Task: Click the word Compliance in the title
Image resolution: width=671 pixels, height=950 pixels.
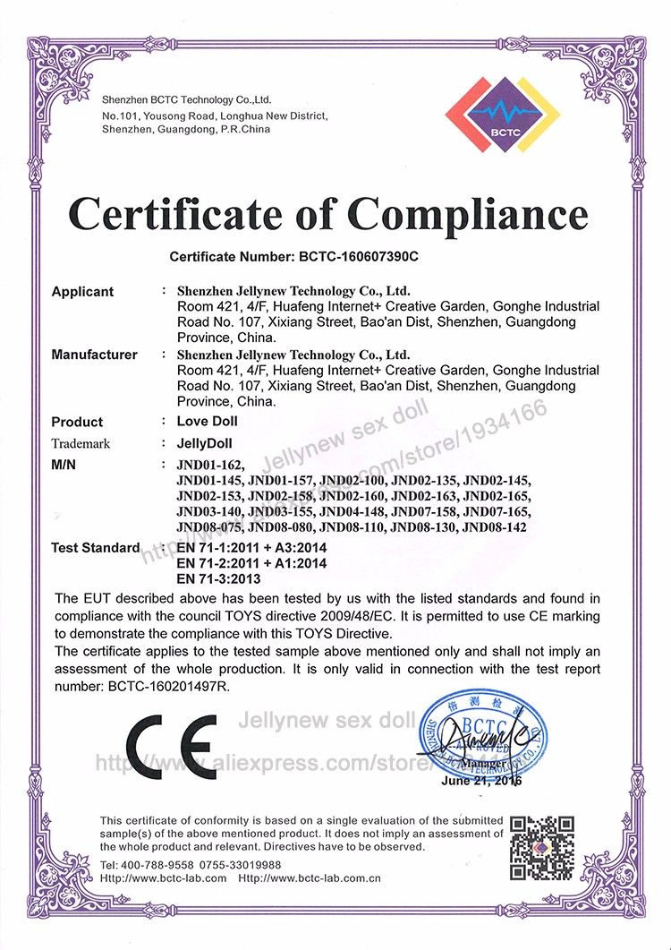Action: [x=467, y=215]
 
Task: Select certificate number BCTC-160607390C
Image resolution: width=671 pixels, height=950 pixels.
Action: [x=356, y=256]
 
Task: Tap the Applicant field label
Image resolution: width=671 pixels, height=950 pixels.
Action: [x=82, y=291]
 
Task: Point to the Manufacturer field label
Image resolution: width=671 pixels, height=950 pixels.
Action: [x=94, y=355]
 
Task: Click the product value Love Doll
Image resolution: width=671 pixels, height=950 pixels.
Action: [x=208, y=421]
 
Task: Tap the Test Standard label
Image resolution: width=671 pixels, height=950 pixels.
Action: [x=95, y=547]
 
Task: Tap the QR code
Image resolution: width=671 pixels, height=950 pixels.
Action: [x=541, y=846]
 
